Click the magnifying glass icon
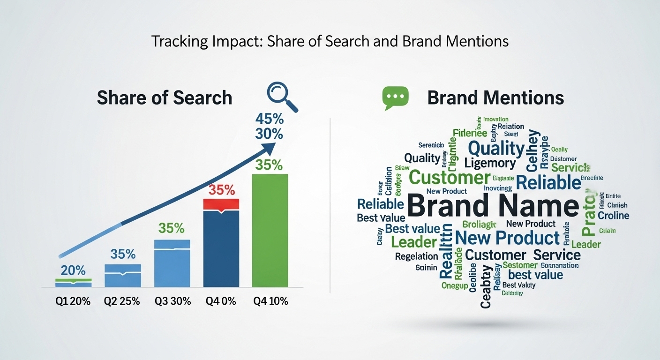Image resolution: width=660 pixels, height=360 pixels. [x=280, y=96]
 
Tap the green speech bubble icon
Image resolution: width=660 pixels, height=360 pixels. [x=395, y=98]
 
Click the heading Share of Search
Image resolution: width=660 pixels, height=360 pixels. [x=165, y=98]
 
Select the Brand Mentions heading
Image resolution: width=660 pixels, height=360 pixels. [x=495, y=98]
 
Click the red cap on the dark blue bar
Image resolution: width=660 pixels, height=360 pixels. [x=221, y=204]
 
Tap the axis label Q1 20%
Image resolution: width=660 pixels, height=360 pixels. [x=73, y=301]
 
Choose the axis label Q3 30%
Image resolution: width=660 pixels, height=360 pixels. [x=172, y=301]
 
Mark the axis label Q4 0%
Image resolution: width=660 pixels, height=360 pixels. [x=220, y=301]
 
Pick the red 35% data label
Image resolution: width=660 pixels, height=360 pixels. [x=221, y=190]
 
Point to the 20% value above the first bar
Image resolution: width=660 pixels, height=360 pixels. [x=73, y=270]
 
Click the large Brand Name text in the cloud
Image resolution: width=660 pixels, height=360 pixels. [x=493, y=207]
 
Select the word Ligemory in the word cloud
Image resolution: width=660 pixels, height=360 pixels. [x=490, y=163]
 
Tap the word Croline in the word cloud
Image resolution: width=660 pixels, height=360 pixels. [x=614, y=216]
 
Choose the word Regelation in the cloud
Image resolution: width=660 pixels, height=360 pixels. [x=416, y=256]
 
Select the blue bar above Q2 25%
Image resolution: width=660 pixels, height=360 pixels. [x=123, y=275]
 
